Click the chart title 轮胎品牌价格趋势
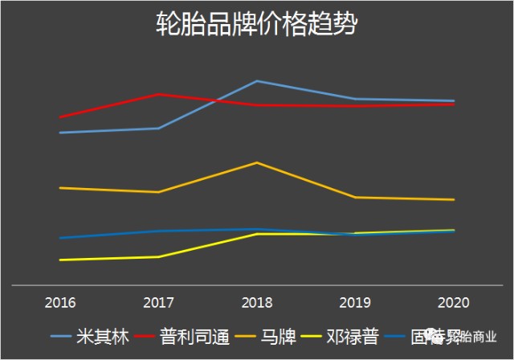pyautogui.click(x=256, y=25)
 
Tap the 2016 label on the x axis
pyautogui.click(x=60, y=303)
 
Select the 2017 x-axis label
pyautogui.click(x=158, y=303)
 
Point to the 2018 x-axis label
pyautogui.click(x=256, y=303)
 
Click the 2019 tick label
pyautogui.click(x=355, y=303)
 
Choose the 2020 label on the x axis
pyautogui.click(x=453, y=303)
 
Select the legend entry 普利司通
pyautogui.click(x=191, y=337)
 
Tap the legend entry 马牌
pyautogui.click(x=277, y=337)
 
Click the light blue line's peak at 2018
pyautogui.click(x=256, y=81)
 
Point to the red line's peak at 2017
pyautogui.click(x=158, y=95)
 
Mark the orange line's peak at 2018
pyautogui.click(x=256, y=163)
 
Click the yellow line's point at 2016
pyautogui.click(x=60, y=260)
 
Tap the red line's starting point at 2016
pyautogui.click(x=60, y=117)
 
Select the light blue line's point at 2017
pyautogui.click(x=158, y=129)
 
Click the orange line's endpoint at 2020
pyautogui.click(x=454, y=199)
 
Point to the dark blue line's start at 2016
pyautogui.click(x=60, y=238)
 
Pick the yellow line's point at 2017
pyautogui.click(x=158, y=256)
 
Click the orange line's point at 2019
pyautogui.click(x=355, y=197)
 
